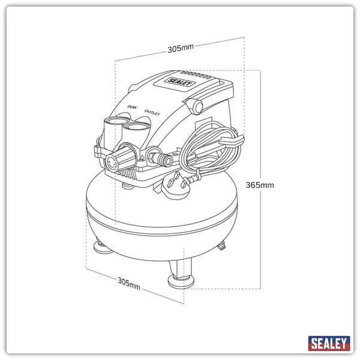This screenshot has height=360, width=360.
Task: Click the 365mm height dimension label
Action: (x=259, y=185)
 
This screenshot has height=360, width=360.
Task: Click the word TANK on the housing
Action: (x=132, y=107)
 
